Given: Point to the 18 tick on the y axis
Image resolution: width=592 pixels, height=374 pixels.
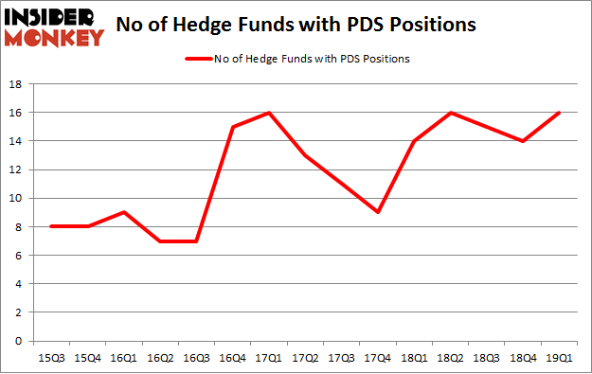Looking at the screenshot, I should click(x=18, y=84).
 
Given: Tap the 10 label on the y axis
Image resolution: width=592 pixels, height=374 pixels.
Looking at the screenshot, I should click(x=18, y=198).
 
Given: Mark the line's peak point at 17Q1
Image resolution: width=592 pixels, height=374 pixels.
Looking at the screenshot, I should click(x=271, y=113).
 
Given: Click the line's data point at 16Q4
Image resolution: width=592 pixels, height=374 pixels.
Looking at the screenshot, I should click(x=234, y=127).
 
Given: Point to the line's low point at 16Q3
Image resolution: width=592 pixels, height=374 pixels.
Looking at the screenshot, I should click(x=198, y=240).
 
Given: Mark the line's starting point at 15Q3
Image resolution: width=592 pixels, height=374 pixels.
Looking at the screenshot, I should click(x=52, y=226).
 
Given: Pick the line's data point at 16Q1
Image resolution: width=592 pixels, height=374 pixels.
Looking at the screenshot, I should click(x=125, y=212).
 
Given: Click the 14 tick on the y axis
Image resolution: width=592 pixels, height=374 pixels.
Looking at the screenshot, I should click(x=18, y=141).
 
